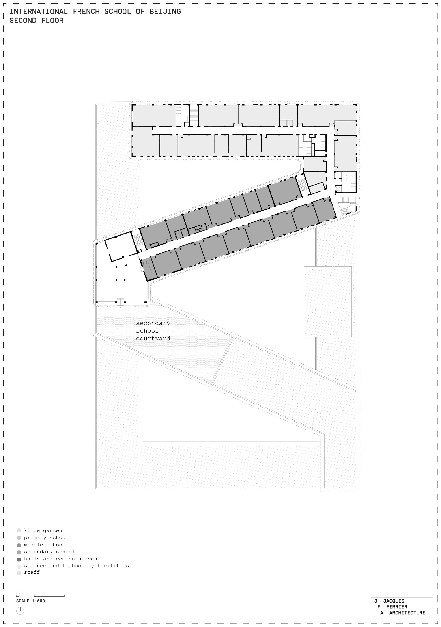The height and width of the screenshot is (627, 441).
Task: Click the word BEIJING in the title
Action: [165, 11]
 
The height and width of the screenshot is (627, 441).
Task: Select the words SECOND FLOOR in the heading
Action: [36, 21]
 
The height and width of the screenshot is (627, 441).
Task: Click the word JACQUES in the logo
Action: [394, 601]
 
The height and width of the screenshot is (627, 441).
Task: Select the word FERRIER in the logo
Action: [396, 607]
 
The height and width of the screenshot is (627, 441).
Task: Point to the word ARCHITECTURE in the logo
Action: [407, 613]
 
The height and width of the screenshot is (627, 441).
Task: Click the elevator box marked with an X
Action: [338, 188]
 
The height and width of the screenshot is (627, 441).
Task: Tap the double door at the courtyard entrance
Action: [120, 307]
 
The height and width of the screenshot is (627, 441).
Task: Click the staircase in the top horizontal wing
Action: [194, 115]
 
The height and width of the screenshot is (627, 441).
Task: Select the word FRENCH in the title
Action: [86, 11]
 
